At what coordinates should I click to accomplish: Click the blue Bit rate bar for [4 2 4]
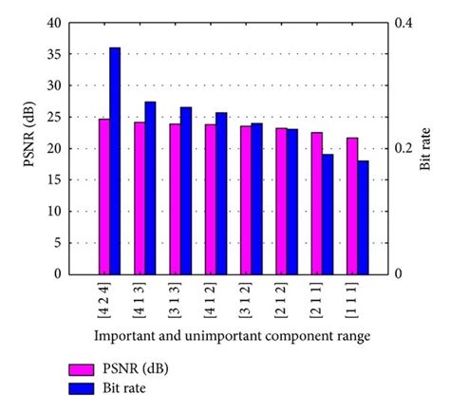point(115,160)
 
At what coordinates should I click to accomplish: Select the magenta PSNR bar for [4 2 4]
point(103,196)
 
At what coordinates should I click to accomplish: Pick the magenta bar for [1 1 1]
point(352,206)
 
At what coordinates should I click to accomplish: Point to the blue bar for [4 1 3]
point(150,188)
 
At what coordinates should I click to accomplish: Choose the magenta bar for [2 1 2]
point(281,201)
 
